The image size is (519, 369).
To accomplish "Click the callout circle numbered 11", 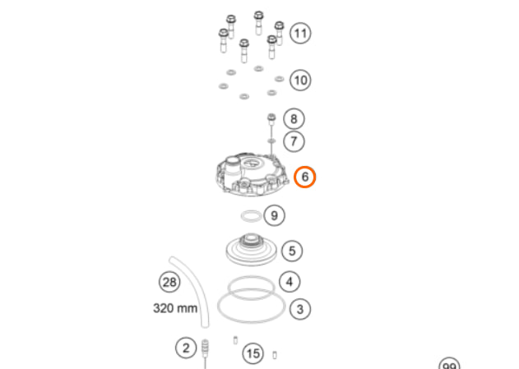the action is [x=300, y=33].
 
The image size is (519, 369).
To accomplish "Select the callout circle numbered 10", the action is [x=300, y=80].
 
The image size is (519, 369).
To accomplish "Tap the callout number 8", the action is [x=294, y=118].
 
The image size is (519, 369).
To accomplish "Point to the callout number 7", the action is [x=294, y=141].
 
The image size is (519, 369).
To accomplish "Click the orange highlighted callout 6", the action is [x=305, y=177].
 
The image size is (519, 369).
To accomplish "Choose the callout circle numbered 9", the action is [x=274, y=215].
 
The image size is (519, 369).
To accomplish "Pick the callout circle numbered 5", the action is [x=292, y=251].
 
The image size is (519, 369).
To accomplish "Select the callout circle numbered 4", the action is [x=290, y=282].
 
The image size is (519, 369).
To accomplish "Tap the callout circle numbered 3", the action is [x=300, y=309].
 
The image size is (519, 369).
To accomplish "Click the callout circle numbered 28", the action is [x=169, y=282].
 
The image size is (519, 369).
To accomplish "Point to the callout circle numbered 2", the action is [x=186, y=348].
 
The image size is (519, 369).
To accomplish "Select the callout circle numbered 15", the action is [x=253, y=353].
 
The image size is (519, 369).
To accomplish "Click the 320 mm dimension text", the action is [x=175, y=308].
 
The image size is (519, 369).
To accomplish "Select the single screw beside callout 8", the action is [x=271, y=122].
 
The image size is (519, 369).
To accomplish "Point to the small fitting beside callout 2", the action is [x=206, y=348].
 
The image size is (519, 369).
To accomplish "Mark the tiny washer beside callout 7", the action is [x=271, y=141].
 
